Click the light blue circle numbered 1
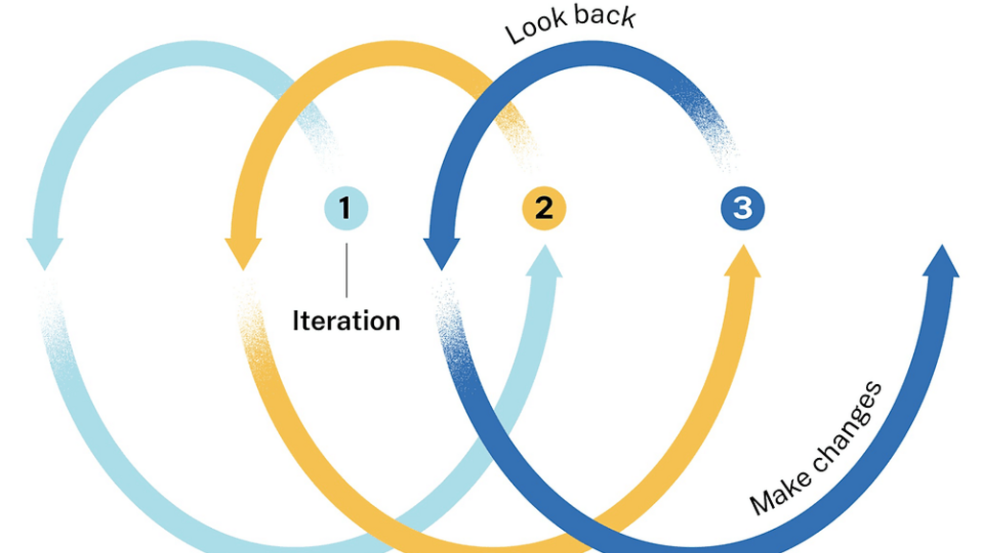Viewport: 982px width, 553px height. (x=345, y=208)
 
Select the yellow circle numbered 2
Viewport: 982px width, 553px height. (x=544, y=208)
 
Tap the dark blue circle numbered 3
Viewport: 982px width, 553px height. (x=743, y=208)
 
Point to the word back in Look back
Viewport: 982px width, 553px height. (x=603, y=15)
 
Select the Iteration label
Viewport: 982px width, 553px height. (x=345, y=321)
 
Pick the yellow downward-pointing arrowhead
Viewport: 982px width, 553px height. (x=243, y=252)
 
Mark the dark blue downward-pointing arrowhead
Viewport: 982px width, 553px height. (x=441, y=252)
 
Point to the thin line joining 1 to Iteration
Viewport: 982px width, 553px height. (x=345, y=269)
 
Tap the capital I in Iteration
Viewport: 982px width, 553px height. (x=296, y=321)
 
